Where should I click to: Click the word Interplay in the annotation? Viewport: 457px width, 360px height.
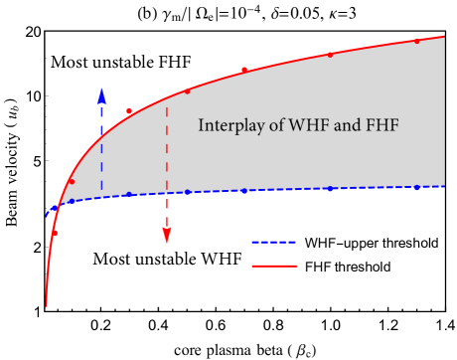click(x=227, y=126)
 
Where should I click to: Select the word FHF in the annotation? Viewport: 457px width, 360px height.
click(x=381, y=126)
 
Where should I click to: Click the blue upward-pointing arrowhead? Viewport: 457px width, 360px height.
click(x=101, y=94)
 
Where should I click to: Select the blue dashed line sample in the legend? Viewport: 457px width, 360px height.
click(x=274, y=243)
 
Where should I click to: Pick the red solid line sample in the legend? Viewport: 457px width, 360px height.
click(x=274, y=266)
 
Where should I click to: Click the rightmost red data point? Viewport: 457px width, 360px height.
click(x=417, y=41)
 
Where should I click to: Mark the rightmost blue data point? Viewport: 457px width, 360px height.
click(x=417, y=187)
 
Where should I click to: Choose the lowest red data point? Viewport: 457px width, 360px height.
click(x=56, y=233)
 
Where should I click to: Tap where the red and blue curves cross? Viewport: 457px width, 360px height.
click(x=58, y=205)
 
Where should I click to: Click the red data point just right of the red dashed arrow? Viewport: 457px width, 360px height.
click(x=187, y=91)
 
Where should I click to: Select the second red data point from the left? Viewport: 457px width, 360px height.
click(x=72, y=182)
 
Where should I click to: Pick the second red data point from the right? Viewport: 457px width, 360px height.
click(x=331, y=55)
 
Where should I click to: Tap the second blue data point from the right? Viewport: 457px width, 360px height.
click(x=331, y=189)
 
